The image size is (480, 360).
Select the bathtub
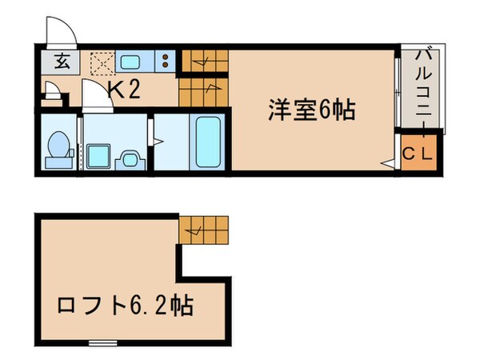point(207,143)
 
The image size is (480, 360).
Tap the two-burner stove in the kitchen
point(165,62)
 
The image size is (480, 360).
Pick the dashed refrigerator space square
point(102,62)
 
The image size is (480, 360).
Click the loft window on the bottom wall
point(102,343)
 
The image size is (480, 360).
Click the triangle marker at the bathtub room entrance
point(158,144)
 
